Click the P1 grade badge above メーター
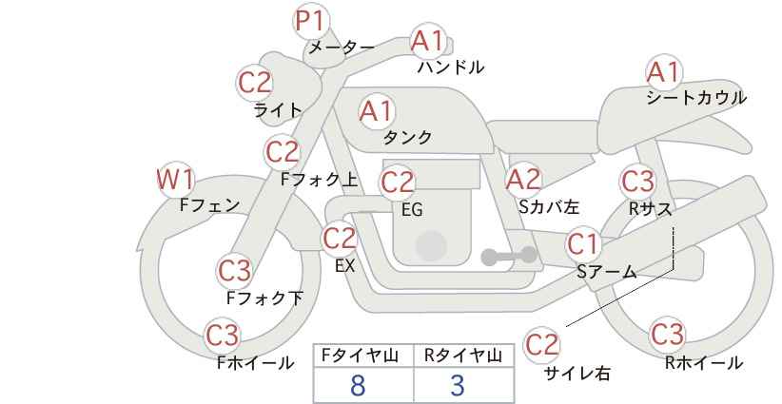311,22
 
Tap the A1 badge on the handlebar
428,41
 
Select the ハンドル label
451,67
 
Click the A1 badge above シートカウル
664,72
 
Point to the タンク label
407,138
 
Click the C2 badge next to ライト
255,83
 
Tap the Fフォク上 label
320,180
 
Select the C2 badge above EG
398,183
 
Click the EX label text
344,266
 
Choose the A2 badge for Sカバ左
523,180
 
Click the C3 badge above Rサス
637,182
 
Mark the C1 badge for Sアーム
583,244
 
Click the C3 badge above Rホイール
667,335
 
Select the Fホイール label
255,363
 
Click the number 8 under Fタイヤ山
358,385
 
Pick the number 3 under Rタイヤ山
458,385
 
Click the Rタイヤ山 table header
463,356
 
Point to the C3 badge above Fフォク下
235,272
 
